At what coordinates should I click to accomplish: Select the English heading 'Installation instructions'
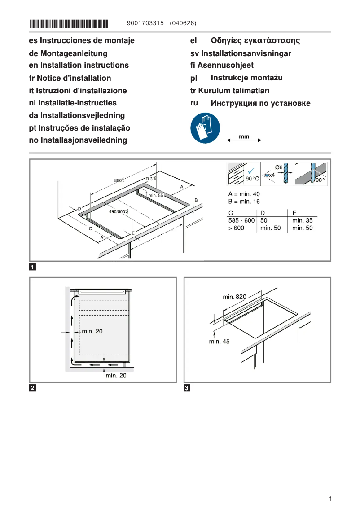pos(84,66)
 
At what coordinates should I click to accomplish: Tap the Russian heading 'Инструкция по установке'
pos(260,104)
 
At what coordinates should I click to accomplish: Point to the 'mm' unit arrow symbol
pos(244,139)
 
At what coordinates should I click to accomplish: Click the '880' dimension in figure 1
pos(119,180)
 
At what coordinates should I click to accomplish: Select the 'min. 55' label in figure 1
pos(156,196)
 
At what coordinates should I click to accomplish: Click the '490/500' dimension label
pos(119,211)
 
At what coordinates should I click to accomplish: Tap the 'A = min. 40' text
pos(244,194)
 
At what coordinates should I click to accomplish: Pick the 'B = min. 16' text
pos(244,202)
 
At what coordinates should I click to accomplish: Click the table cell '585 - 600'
pos(241,220)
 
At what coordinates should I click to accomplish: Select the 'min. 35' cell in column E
pos(302,220)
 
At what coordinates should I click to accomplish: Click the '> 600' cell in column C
pos(237,228)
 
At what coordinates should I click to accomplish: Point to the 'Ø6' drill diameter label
pos(279,167)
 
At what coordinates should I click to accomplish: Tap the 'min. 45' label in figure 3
pos(219,342)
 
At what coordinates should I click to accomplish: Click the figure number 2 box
pos(33,388)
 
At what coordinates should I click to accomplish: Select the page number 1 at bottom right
pos(330,499)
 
